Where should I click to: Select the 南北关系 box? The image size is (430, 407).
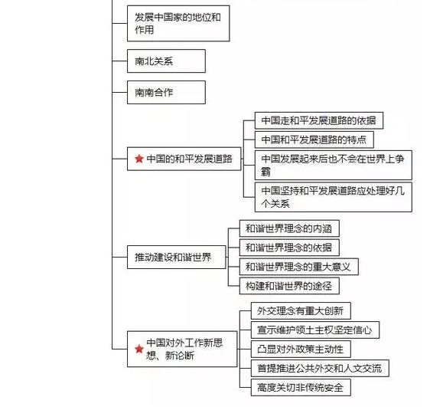click(x=155, y=61)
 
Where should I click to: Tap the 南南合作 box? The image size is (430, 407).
click(x=155, y=92)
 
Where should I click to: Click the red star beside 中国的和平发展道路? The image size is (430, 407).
click(x=138, y=159)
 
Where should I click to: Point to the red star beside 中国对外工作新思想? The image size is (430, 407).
click(x=138, y=348)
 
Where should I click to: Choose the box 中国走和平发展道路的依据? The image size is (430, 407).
click(x=318, y=121)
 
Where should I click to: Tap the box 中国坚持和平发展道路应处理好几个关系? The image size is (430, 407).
click(x=333, y=196)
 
